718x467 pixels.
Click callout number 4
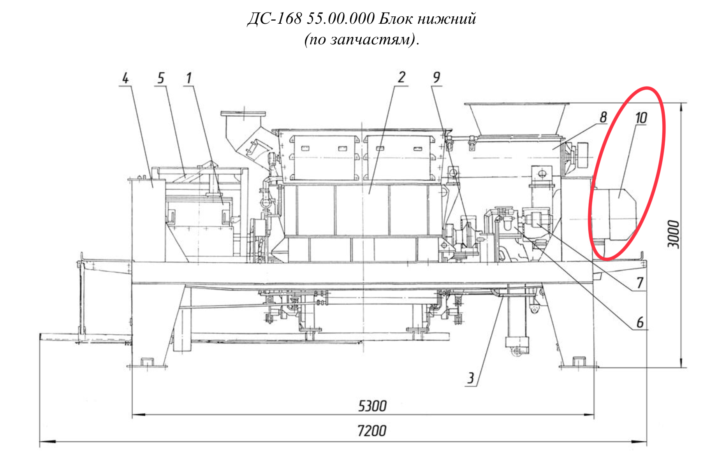click(125, 78)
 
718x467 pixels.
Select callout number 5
click(161, 78)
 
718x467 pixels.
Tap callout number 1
click(189, 78)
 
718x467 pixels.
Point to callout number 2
click(401, 77)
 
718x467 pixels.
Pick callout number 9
click(436, 77)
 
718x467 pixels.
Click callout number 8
click(603, 117)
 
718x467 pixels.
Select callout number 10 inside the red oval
click(641, 118)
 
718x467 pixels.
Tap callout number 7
click(640, 283)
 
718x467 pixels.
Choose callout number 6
click(640, 322)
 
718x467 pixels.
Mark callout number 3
click(471, 378)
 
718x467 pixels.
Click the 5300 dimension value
click(372, 406)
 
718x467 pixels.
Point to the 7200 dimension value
click(372, 431)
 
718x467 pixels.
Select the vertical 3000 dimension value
click(673, 234)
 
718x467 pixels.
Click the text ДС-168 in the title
click(275, 19)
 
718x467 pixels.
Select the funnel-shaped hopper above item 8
click(516, 119)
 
